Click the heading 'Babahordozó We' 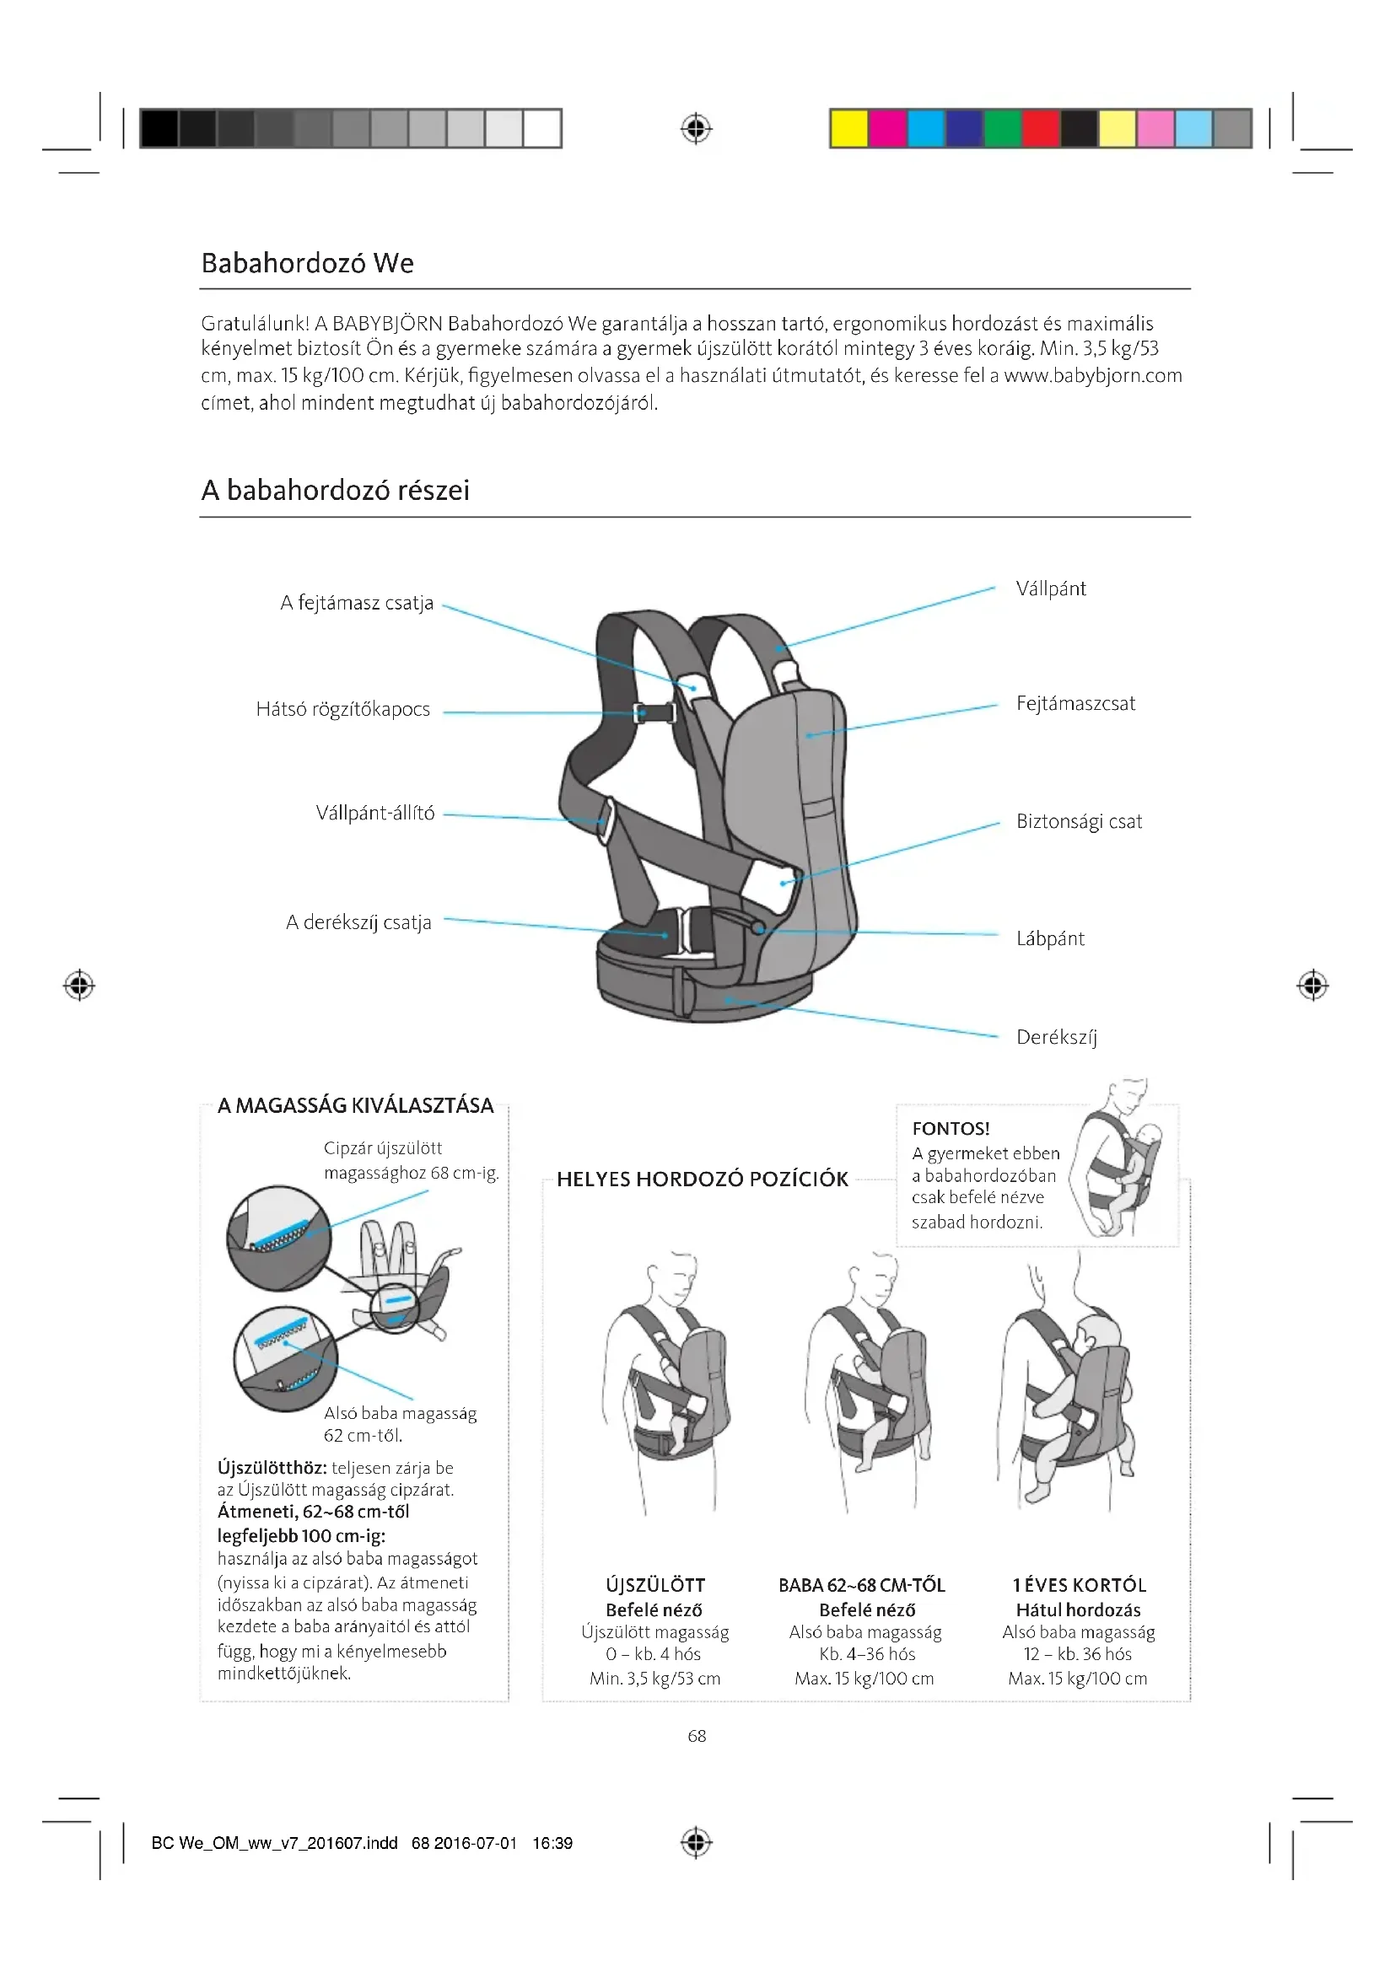pos(307,263)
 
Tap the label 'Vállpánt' pos(1051,589)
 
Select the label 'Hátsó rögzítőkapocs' pos(342,709)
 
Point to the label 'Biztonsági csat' pos(1079,822)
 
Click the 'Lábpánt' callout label pos(1050,938)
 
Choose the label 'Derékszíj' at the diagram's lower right pos(1057,1038)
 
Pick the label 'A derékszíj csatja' pos(358,922)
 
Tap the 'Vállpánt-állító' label pos(374,814)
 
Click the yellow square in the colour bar pos(848,129)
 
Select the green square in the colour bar pos(1002,129)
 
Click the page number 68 pos(697,1736)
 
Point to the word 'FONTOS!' pos(951,1129)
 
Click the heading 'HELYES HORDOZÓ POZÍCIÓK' pos(702,1179)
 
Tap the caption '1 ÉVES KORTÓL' pos(1079,1586)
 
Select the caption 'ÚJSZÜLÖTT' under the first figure pos(654,1586)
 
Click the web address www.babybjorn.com pos(1092,376)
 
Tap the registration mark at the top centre pos(696,129)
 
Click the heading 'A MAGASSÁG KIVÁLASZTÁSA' pos(356,1106)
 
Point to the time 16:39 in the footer pos(552,1843)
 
